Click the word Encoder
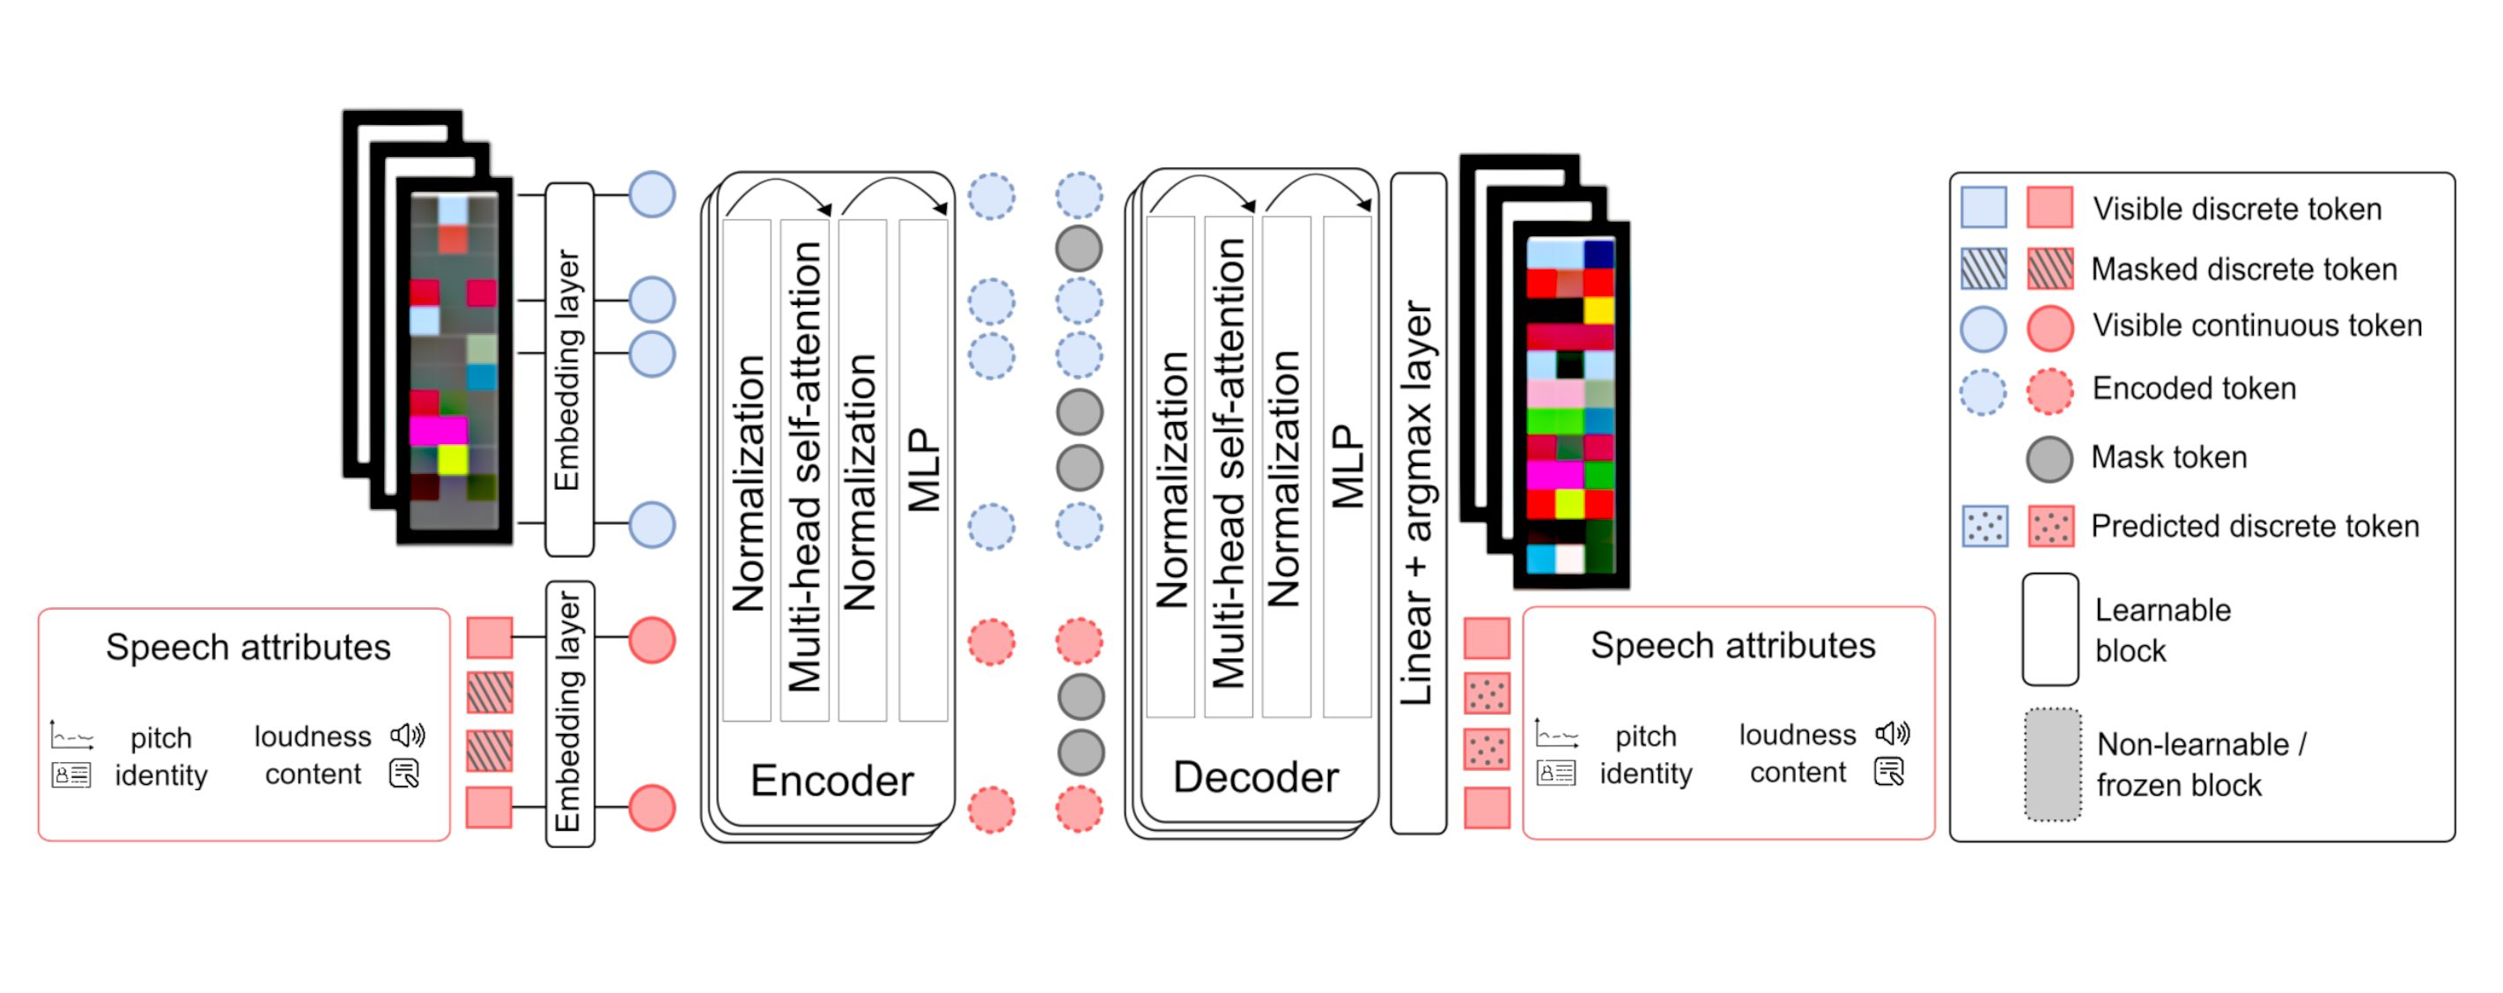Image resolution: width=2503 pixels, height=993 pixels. coord(831,781)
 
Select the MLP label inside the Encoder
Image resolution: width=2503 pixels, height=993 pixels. coord(923,471)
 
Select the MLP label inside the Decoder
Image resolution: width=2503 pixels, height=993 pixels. coord(1347,466)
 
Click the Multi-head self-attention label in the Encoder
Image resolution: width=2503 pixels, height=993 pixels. coord(807,466)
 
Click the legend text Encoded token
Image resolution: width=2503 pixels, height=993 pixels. coord(2194,389)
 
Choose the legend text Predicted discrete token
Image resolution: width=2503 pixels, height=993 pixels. coord(2255,527)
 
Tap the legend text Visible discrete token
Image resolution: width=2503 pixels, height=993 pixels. coord(2237,210)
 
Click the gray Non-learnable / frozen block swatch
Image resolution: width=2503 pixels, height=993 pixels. coord(2052,766)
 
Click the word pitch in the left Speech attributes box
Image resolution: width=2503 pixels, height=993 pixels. coord(161,738)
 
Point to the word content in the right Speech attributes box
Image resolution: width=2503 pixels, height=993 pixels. coord(1798,774)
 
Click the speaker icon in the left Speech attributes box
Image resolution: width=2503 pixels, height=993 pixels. coord(408,735)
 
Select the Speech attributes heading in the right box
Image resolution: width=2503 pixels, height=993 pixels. coord(1732,646)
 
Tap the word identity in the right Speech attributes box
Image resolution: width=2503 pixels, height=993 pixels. coord(1646,774)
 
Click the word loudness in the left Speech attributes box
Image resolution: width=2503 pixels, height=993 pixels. coord(312,737)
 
